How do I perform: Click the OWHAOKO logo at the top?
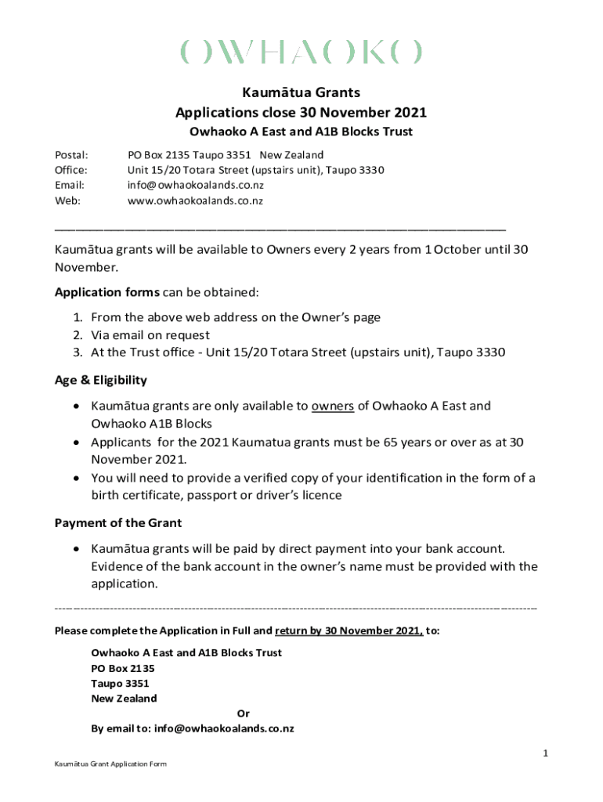pos(301,52)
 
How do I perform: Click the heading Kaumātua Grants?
pos(301,92)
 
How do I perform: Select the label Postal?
pos(70,155)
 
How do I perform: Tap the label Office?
pos(70,170)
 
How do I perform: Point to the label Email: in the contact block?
pos(69,186)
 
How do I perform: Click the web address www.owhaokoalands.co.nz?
pos(195,200)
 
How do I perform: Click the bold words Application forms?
pos(107,292)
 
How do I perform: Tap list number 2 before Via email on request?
pos(78,335)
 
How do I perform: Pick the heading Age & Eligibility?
pos(100,380)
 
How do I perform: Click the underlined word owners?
pos(334,406)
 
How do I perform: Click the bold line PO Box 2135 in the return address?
pos(123,668)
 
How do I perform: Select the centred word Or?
pos(243,713)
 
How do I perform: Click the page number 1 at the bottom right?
pos(545,753)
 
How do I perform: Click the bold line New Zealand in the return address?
pos(124,698)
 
